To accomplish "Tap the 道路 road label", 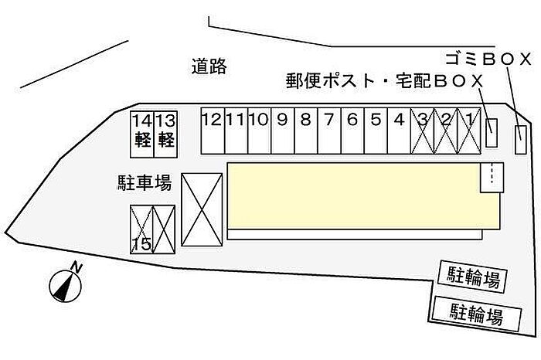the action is point(209,66).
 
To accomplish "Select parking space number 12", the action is point(213,131).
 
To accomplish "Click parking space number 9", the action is point(283,131).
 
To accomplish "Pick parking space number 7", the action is point(329,131).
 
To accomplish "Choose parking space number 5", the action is point(376,131).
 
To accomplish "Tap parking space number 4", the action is point(400,131).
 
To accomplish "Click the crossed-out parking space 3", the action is point(422,131).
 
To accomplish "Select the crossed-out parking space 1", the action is point(469,131).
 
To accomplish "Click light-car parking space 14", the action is point(141,134).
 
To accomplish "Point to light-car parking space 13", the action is point(165,134).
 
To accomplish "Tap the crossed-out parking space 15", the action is point(141,229).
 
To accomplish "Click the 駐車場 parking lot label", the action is point(145,182).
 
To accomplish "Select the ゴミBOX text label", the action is point(488,59).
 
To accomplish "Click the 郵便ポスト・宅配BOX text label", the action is point(384,81).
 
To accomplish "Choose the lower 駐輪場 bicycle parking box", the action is point(476,314).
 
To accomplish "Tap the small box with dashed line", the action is point(492,178).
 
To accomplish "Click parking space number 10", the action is point(260,131).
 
